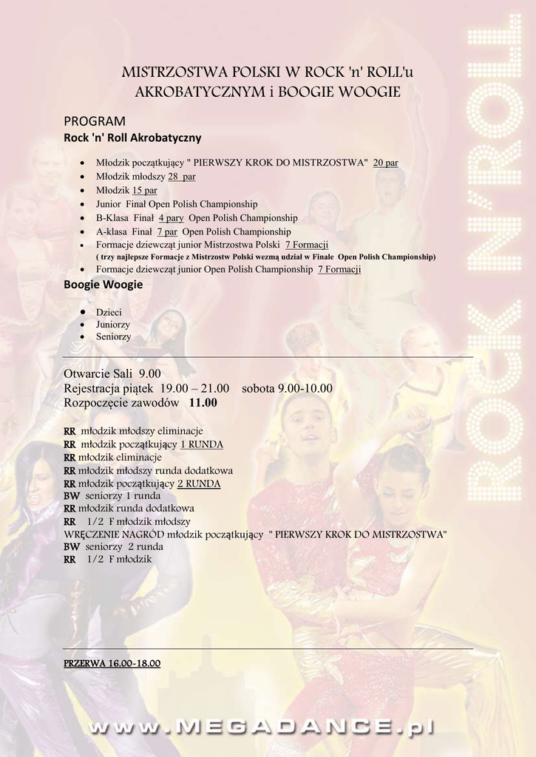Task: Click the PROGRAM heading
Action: coord(95,120)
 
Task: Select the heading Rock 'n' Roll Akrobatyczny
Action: coord(132,138)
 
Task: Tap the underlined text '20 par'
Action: coord(385,163)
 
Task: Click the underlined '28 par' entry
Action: coord(181,177)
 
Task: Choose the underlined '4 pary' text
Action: coord(171,218)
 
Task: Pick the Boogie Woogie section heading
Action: coord(103,284)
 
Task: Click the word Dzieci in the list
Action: coord(109,312)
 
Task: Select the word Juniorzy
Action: coord(113,324)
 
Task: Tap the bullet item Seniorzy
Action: coord(113,336)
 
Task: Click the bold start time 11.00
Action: coord(203,403)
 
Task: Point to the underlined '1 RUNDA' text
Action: coord(201,444)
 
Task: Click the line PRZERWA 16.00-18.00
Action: coord(112,663)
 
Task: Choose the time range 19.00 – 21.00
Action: coord(194,388)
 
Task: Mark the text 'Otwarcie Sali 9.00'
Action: coord(112,373)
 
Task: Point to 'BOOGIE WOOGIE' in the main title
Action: coord(339,92)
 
